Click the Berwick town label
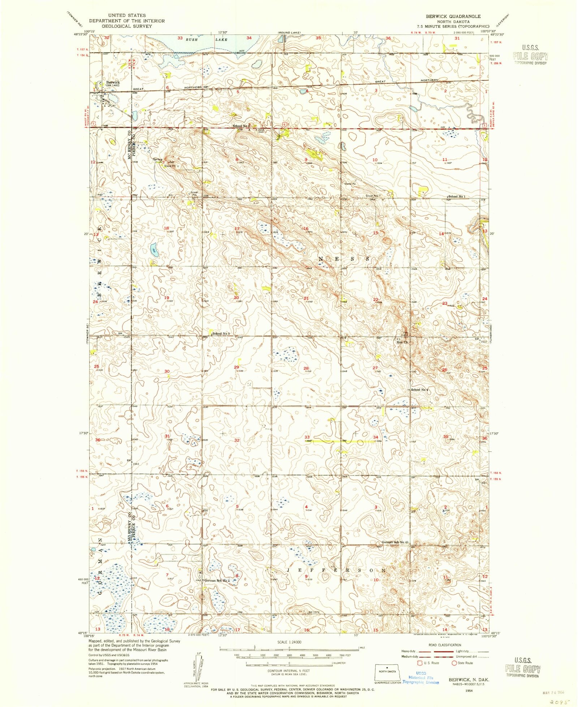[x=113, y=82]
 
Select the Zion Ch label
[x=403, y=342]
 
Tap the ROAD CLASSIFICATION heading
[x=445, y=645]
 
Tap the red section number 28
[x=306, y=368]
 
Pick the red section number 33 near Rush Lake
[x=180, y=38]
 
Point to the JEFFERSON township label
[x=336, y=570]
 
